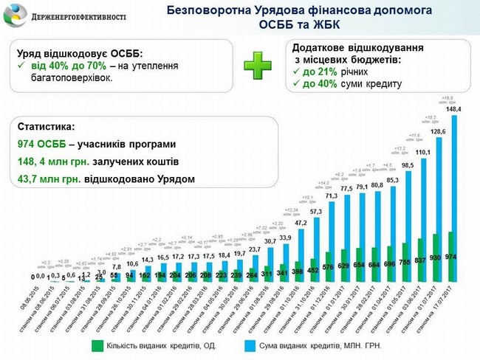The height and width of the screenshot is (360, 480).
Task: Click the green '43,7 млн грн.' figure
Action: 51,179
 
